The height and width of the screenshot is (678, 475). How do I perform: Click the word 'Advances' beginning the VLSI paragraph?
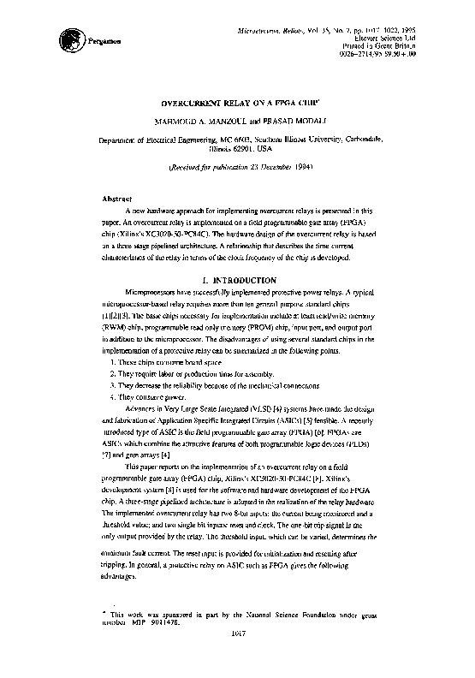[142, 410]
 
